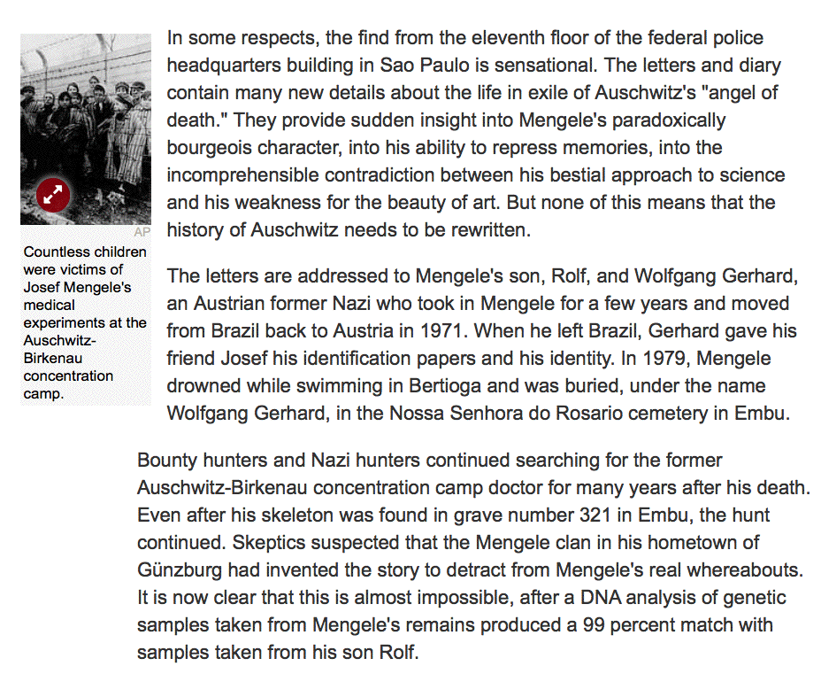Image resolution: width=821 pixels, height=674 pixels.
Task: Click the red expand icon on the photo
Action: pos(52,195)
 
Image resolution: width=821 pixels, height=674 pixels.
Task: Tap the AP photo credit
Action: pos(142,232)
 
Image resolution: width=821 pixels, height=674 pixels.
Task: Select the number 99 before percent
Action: pos(596,624)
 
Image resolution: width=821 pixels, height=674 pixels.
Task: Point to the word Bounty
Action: pos(165,461)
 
